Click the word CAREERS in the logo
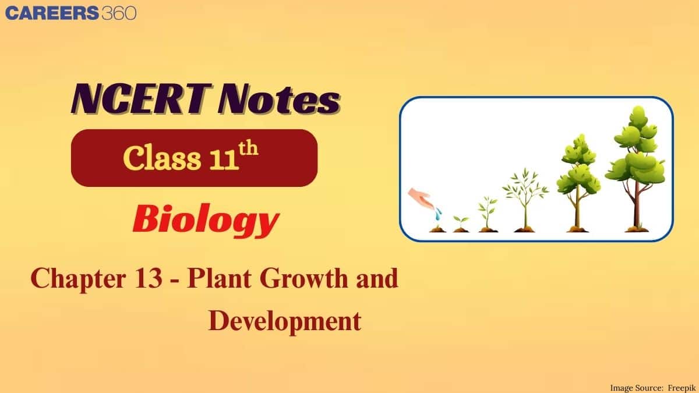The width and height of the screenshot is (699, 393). pos(51,12)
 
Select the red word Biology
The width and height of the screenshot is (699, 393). pos(204,221)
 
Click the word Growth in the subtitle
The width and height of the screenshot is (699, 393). pos(302,279)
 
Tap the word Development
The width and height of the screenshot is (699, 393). pos(284,321)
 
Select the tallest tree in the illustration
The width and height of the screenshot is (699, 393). pos(636,157)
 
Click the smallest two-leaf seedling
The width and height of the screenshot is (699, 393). pos(460,222)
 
